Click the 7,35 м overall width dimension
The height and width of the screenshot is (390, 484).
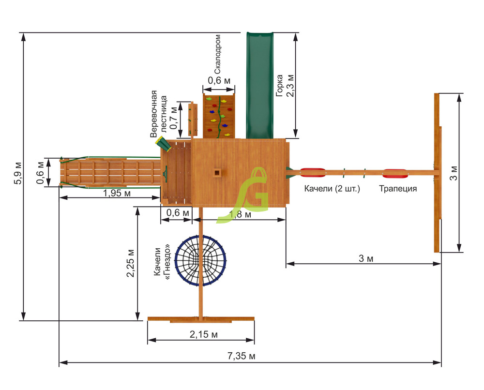pos(241,356)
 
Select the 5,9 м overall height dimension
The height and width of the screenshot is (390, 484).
pos(18,172)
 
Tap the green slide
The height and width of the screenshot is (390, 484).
pos(260,85)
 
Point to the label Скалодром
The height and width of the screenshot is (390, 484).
pos(218,53)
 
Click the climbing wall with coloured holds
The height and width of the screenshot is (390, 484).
pos(219,115)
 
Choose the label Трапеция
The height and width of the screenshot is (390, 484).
pos(398,189)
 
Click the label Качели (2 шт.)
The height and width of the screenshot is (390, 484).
pos(332,189)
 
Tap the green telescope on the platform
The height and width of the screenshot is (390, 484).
pos(162,143)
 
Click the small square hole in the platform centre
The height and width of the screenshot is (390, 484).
pos(217,172)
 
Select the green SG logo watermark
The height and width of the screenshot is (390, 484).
pos(249,194)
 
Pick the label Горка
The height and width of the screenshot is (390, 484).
pos(280,85)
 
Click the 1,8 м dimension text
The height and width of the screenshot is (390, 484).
pos(241,214)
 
